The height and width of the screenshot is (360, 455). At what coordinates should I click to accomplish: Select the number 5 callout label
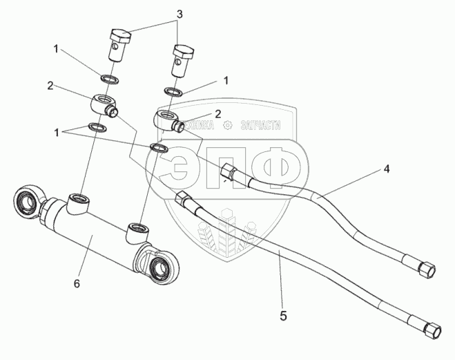[x=282, y=316]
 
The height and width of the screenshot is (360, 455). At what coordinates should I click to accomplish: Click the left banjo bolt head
[x=122, y=35]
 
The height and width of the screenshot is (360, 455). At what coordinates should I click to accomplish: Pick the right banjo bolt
[x=184, y=60]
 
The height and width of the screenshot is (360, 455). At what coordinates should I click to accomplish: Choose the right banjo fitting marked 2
[x=168, y=120]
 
